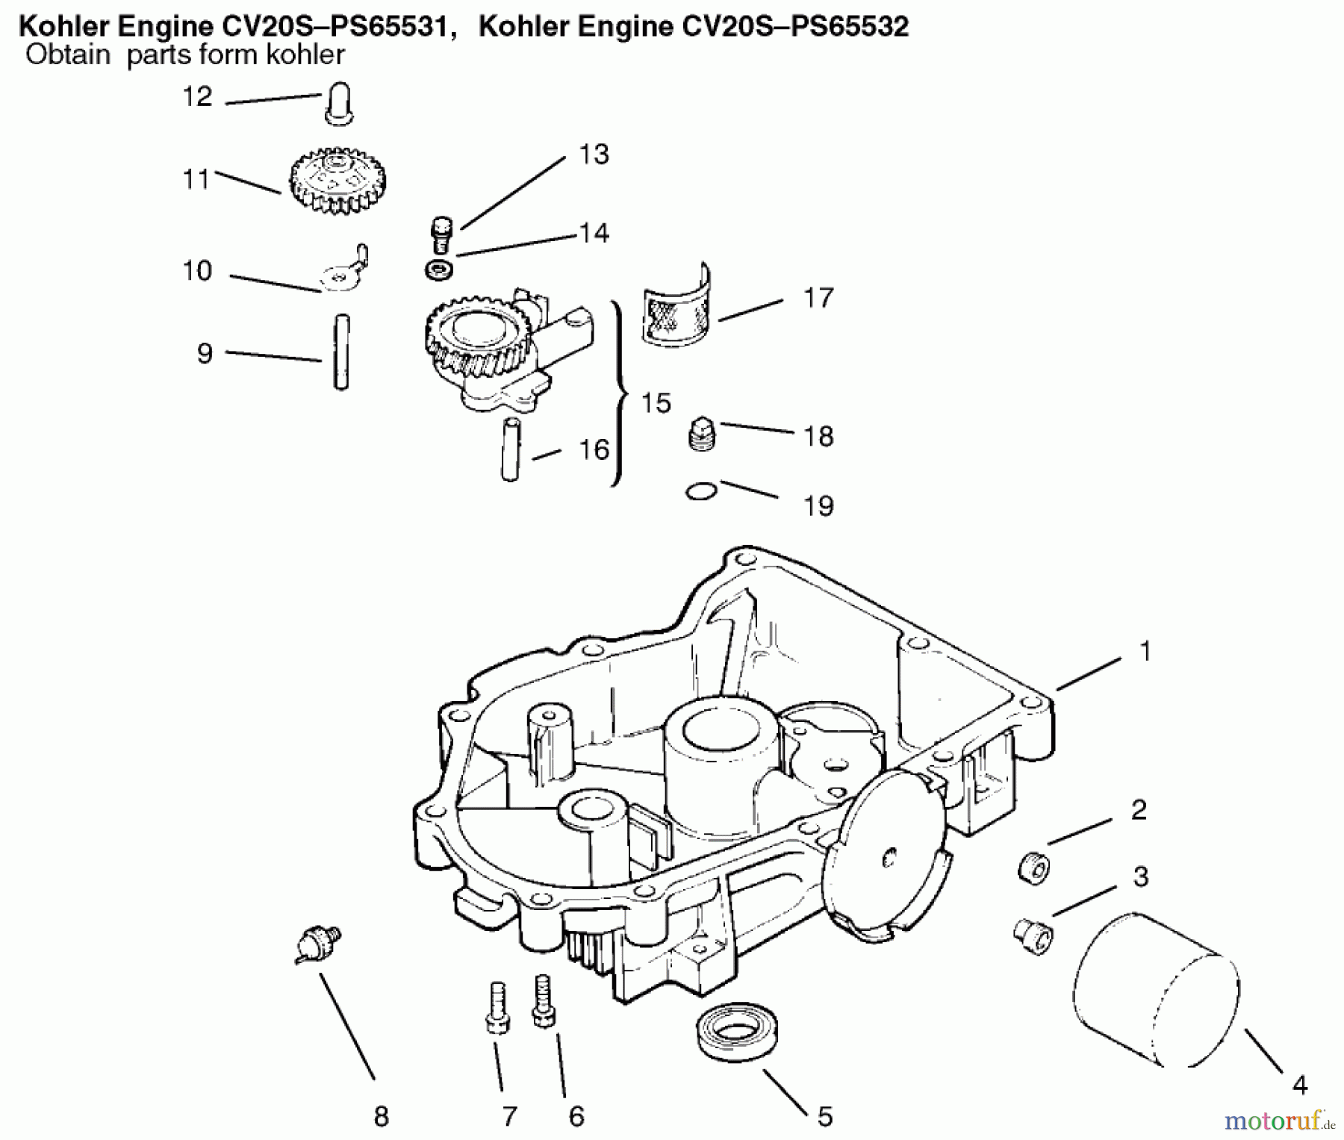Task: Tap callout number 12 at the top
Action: [198, 96]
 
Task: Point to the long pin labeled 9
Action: [341, 351]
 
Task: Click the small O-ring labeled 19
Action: [701, 491]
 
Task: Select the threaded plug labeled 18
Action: [702, 434]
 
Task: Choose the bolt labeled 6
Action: [543, 1002]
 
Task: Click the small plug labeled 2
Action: [1034, 868]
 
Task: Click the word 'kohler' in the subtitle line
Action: [306, 54]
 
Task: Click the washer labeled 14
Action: [438, 270]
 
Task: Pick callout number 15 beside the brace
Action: [656, 404]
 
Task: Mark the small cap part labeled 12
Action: [338, 104]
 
